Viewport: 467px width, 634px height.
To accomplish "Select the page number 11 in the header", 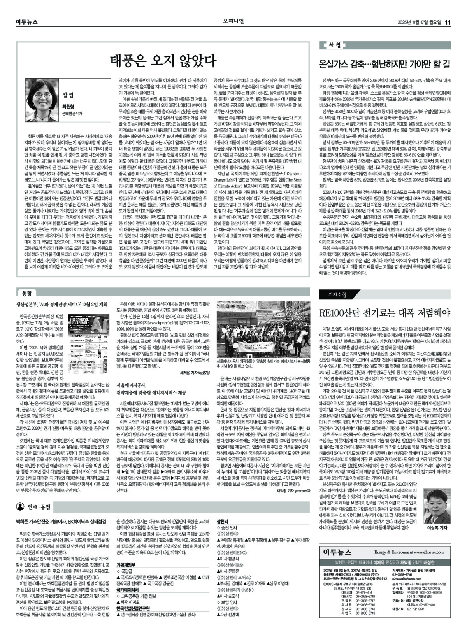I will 448,22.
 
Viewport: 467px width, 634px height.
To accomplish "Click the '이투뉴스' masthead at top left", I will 27,22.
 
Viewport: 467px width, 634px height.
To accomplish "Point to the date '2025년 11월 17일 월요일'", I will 420,22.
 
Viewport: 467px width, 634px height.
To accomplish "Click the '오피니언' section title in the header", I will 233,21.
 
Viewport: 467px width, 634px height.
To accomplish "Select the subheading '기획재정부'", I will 126,564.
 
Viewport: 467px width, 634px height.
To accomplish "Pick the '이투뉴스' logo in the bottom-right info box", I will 337,552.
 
